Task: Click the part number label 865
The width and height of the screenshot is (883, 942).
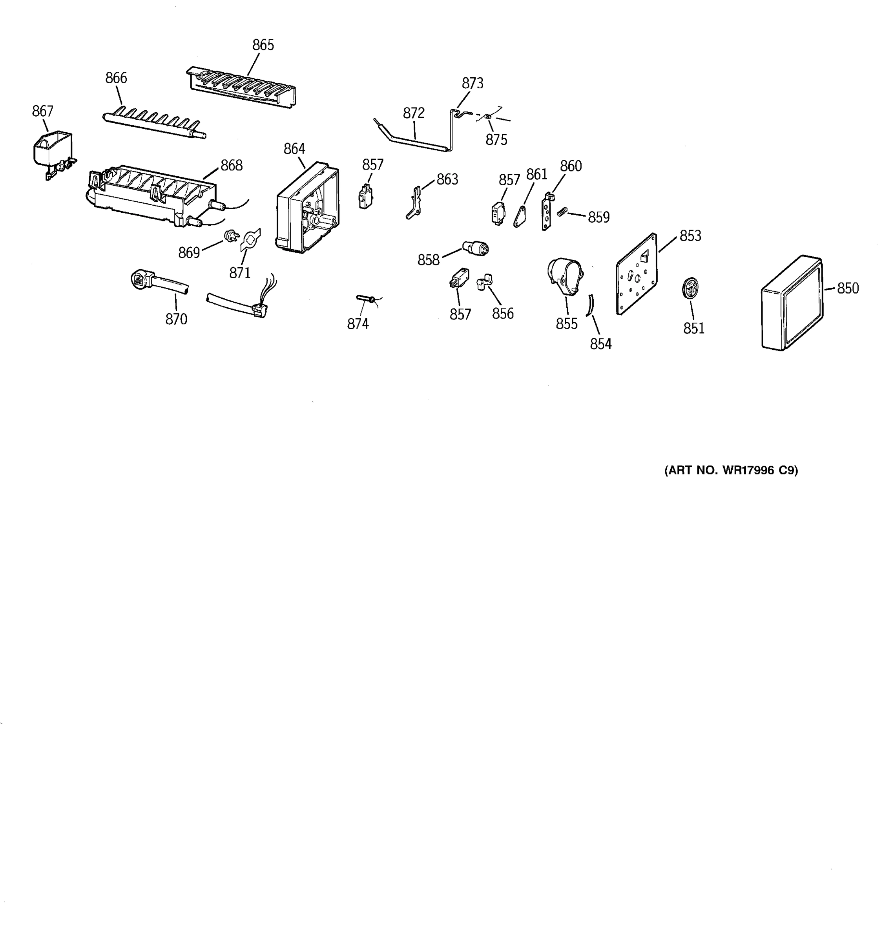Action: pyautogui.click(x=263, y=45)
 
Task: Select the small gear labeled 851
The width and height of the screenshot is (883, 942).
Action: pyautogui.click(x=690, y=288)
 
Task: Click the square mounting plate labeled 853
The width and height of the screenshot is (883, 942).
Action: pyautogui.click(x=637, y=274)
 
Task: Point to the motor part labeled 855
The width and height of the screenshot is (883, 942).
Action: pyautogui.click(x=565, y=276)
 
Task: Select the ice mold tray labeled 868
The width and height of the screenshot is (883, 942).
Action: pyautogui.click(x=151, y=194)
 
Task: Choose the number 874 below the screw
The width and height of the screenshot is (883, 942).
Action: pyautogui.click(x=358, y=324)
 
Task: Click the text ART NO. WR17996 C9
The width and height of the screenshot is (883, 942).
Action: pyautogui.click(x=731, y=471)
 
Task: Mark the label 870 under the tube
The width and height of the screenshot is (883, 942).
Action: pyautogui.click(x=176, y=319)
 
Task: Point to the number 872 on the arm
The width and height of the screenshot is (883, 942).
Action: pyautogui.click(x=414, y=113)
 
